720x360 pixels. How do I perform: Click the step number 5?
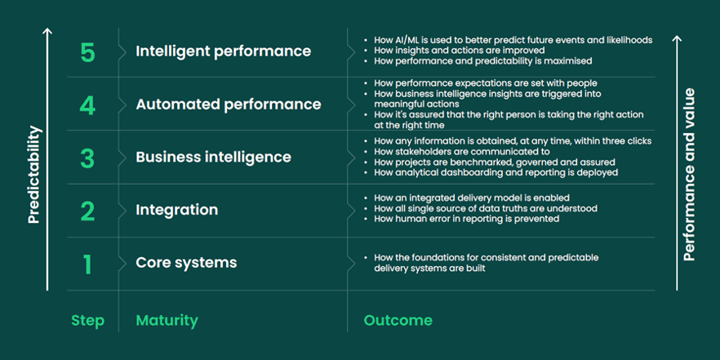(x=87, y=53)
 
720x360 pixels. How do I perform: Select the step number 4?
(x=87, y=105)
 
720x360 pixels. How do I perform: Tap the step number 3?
(x=87, y=158)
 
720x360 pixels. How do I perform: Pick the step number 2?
(x=87, y=211)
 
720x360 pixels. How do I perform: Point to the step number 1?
(x=87, y=264)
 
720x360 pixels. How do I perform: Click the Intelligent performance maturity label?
(x=223, y=51)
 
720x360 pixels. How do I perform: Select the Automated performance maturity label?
(x=229, y=104)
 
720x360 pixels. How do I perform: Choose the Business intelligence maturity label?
(x=214, y=158)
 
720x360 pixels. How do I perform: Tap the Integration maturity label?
(x=177, y=211)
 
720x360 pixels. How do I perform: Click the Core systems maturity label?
(x=186, y=263)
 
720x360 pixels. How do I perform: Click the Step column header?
(x=87, y=321)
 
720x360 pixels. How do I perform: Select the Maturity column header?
(x=167, y=321)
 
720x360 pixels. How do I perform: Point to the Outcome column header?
(x=398, y=321)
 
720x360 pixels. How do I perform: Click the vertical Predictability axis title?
(x=34, y=175)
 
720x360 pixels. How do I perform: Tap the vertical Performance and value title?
(x=689, y=175)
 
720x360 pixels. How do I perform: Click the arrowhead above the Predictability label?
(x=47, y=31)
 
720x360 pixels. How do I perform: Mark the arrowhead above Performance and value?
(x=677, y=38)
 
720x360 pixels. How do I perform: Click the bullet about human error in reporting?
(x=461, y=219)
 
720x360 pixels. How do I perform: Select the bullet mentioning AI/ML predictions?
(x=508, y=40)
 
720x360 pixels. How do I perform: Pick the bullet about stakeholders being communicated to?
(x=457, y=152)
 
